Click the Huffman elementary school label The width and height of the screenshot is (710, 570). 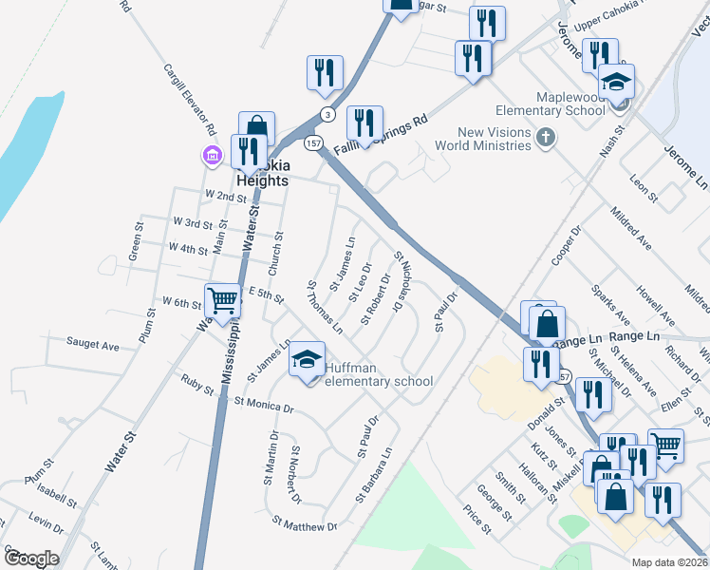[379, 374]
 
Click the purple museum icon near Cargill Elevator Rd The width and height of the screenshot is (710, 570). [209, 154]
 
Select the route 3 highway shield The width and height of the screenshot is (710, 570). [327, 114]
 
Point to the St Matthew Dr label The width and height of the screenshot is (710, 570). [304, 523]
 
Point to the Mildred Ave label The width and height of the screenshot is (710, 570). [631, 228]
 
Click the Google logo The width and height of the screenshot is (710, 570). [30, 559]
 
